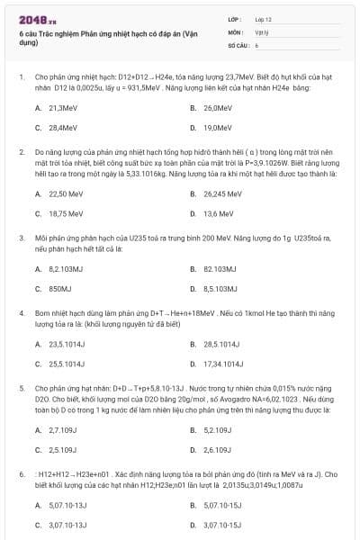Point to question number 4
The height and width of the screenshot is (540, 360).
click(22, 312)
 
